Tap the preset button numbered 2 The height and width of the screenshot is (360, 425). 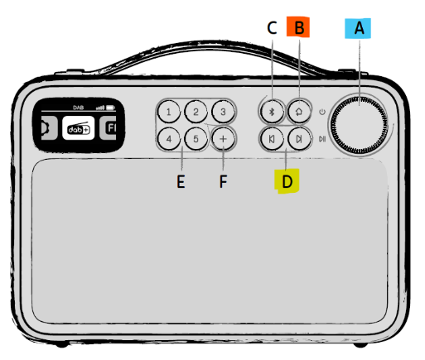pos(196,112)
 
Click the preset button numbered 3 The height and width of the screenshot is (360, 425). pos(223,112)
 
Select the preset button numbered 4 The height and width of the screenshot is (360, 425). pos(169,138)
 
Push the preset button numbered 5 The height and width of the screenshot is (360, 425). pos(196,138)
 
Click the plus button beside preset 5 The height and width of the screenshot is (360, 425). pos(223,139)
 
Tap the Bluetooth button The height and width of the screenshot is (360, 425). pos(272,112)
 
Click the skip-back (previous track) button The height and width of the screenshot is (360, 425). pos(272,139)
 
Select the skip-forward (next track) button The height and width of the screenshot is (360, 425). pos(299,139)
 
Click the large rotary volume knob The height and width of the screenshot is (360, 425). pos(359,125)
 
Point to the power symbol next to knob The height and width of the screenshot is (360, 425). pos(322,112)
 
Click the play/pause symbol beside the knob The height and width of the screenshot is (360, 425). pos(322,139)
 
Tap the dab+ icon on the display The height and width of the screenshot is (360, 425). pos(79,128)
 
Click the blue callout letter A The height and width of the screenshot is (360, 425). pos(359,28)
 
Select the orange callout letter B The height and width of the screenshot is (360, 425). pos(299,27)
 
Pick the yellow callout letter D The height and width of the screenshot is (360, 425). pos(287,182)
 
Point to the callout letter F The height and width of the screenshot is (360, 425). pos(223,181)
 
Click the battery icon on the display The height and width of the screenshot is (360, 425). pos(111,108)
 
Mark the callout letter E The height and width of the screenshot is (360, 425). pos(181,182)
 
